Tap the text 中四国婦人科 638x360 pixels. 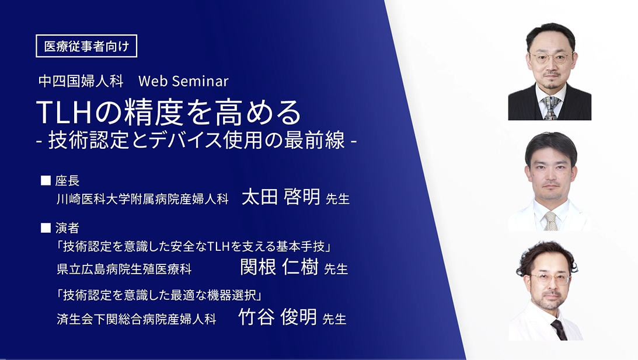[x=81, y=81]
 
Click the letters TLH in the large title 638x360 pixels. [x=65, y=113]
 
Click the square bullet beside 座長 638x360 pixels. [x=46, y=181]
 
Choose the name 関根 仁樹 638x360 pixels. [x=279, y=268]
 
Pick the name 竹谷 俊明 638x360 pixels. [x=277, y=318]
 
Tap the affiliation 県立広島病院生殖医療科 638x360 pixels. [x=124, y=269]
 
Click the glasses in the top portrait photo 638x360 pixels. [x=550, y=58]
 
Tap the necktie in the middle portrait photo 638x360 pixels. [x=550, y=221]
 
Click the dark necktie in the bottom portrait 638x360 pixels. [x=559, y=330]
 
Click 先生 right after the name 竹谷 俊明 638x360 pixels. [x=334, y=319]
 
